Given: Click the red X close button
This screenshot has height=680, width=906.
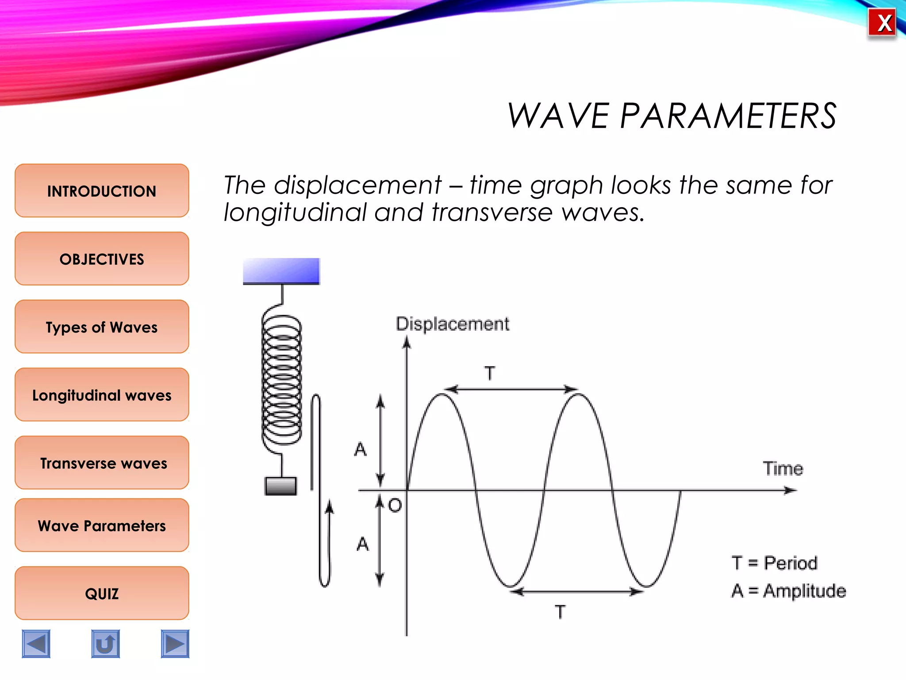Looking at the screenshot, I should coord(882,23).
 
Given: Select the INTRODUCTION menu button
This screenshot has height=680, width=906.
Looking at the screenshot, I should coord(102,191).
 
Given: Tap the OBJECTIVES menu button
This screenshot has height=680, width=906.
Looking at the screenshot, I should coord(102,259).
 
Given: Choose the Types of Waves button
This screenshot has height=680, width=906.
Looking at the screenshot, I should coord(102,327).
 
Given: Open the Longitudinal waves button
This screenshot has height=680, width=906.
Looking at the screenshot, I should coord(102,395).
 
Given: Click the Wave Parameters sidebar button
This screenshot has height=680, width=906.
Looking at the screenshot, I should coord(102,525).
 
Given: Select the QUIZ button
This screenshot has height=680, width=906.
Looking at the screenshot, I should coord(102,593).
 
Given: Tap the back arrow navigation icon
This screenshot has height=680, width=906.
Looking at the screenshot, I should coord(36,644).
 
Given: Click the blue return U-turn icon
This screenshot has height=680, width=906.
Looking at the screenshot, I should coord(105,644).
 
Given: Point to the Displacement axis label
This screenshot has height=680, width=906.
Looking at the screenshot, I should coord(452,324).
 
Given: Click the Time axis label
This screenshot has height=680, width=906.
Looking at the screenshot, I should coord(783,468).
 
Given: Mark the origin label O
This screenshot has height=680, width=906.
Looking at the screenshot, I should coord(395,505).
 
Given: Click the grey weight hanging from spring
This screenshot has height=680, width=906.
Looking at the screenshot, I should coord(280,486).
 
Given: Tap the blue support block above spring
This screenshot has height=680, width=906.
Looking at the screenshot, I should coord(281,270).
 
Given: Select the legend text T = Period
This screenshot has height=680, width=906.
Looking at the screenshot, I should coord(774,563).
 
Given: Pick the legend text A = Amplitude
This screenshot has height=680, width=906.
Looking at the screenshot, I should coord(788,591).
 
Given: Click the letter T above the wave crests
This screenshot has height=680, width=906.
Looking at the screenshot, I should coord(490,373).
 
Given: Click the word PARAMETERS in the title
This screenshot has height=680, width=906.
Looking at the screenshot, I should coord(728,116).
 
